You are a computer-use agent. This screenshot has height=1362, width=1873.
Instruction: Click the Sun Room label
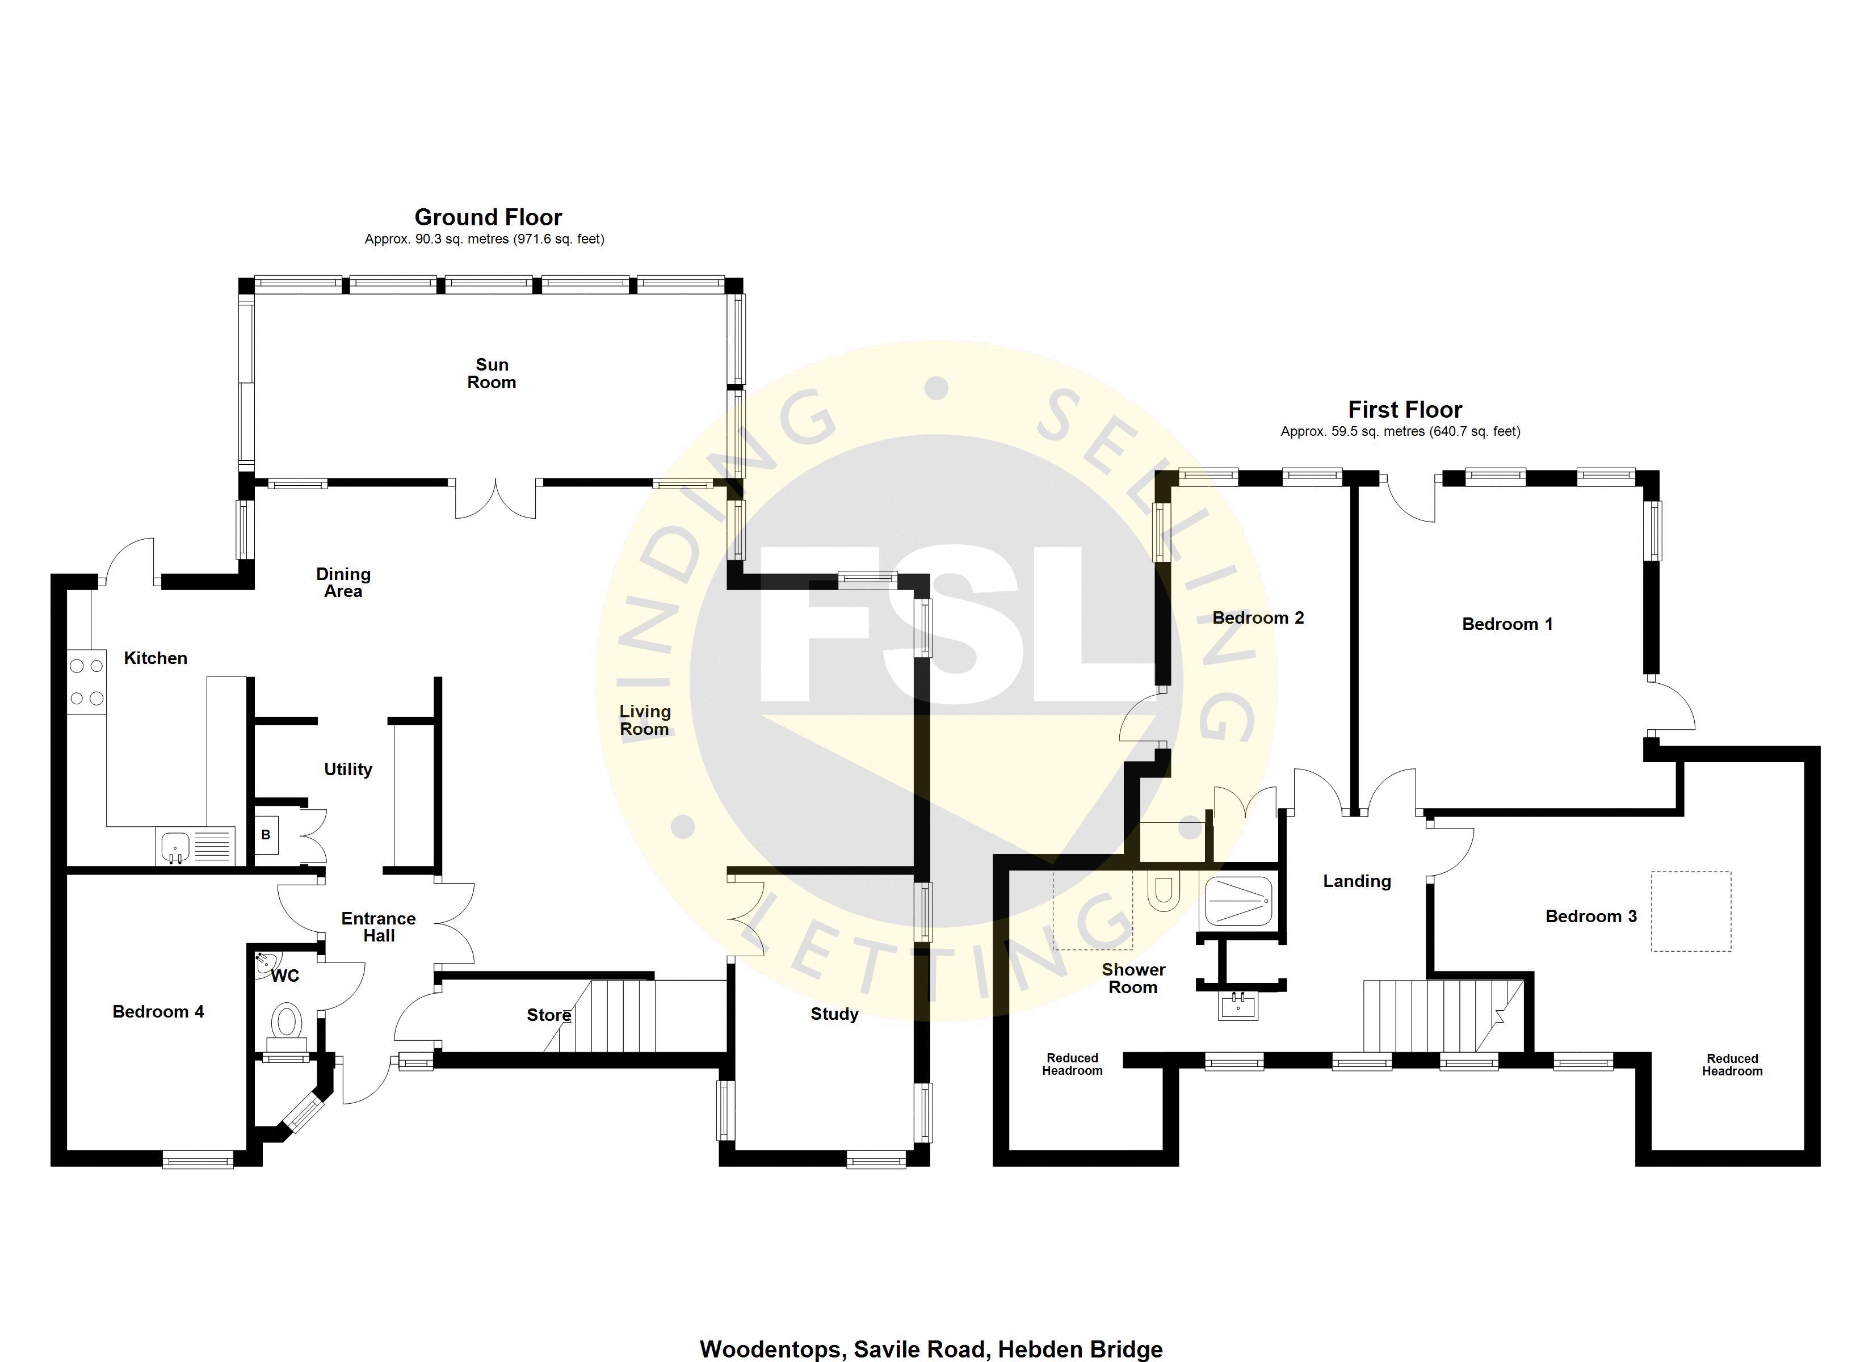point(492,373)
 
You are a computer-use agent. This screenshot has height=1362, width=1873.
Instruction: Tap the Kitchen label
point(156,658)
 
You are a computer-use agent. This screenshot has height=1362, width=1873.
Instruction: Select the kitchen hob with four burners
point(87,682)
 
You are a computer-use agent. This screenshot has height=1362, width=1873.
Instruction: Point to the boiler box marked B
point(266,835)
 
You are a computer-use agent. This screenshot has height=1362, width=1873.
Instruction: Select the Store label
point(549,1015)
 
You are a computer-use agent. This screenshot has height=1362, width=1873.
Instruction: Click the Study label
point(834,1014)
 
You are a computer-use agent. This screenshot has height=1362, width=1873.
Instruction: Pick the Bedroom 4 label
point(158,1012)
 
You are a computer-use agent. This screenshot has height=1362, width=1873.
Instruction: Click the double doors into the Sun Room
point(495,499)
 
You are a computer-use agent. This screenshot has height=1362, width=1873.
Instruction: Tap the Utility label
point(348,770)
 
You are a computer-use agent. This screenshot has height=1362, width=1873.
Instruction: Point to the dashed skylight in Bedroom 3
point(1690,911)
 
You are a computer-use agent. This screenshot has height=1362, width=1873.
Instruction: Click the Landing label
point(1357,881)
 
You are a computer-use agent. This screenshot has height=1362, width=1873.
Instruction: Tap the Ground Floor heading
point(488,217)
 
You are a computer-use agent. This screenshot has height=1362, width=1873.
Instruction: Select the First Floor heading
point(1405,410)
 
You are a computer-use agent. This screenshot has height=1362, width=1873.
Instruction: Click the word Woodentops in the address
point(772,1350)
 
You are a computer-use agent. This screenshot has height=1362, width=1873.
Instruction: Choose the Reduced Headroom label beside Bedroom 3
point(1732,1065)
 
